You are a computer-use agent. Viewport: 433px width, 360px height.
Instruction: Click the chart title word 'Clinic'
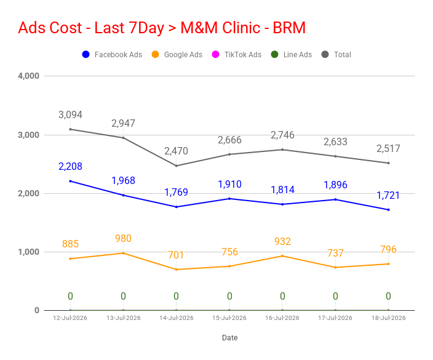pos(241,28)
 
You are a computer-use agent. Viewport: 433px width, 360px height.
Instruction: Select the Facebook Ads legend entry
pos(112,54)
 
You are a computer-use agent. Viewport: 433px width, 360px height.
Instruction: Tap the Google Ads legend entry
pos(177,54)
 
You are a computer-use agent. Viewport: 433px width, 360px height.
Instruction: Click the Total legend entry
pos(336,54)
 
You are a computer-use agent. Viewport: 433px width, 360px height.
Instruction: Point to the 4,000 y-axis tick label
pos(28,76)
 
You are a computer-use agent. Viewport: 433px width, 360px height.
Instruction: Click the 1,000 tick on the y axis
pos(28,252)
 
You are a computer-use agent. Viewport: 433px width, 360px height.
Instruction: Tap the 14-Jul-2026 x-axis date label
pos(177,318)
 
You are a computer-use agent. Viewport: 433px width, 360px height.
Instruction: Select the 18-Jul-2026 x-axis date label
pos(389,318)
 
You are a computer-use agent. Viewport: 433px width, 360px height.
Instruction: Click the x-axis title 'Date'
pos(230,338)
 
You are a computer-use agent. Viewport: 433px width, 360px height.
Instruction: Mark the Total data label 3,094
pos(70,114)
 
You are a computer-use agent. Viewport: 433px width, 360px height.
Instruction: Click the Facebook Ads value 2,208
pos(70,166)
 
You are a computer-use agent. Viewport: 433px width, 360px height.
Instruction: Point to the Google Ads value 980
pos(123,238)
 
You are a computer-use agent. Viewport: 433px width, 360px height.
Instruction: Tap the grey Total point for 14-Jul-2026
pos(177,166)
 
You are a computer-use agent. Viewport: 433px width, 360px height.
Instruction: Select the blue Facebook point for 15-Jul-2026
pos(229,199)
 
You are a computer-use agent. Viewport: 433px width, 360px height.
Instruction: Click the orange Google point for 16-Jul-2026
pos(282,256)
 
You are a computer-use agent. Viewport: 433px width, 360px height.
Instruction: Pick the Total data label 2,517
pos(388,149)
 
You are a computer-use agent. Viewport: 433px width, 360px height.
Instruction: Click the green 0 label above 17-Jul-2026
pos(335,296)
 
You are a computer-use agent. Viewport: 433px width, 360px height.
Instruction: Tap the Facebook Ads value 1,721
pos(388,195)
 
